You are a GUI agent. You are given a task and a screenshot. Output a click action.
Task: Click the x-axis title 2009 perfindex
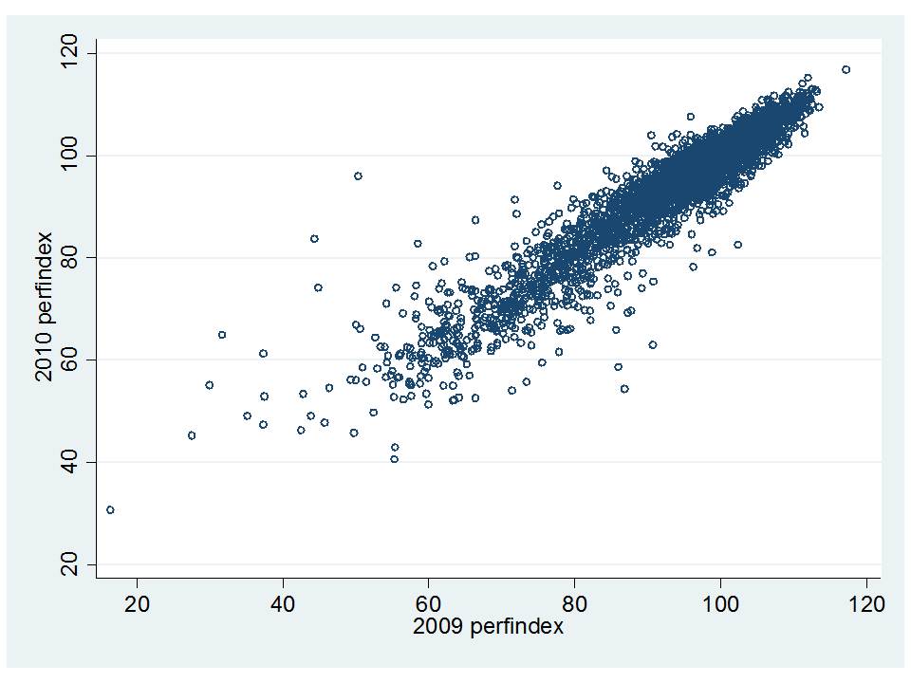(488, 627)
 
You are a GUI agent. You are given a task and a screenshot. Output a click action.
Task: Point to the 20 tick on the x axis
(137, 602)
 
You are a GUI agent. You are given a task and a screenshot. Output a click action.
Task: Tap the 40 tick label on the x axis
(283, 602)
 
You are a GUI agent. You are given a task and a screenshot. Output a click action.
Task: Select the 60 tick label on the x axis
(429, 602)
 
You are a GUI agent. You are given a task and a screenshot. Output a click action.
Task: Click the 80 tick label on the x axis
(574, 602)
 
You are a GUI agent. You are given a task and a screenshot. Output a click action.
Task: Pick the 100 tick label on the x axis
(720, 602)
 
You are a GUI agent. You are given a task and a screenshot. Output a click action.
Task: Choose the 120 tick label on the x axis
(866, 602)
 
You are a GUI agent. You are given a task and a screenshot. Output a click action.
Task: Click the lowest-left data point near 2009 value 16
(110, 509)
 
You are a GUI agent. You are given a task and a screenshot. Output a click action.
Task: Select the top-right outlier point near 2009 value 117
(846, 69)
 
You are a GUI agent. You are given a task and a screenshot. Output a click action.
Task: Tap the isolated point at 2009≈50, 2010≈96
(358, 175)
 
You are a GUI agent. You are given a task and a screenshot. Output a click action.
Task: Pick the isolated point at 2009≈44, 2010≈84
(314, 238)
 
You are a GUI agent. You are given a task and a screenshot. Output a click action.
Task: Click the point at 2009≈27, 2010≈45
(192, 435)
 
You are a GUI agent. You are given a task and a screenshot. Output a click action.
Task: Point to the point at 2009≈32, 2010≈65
(222, 334)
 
